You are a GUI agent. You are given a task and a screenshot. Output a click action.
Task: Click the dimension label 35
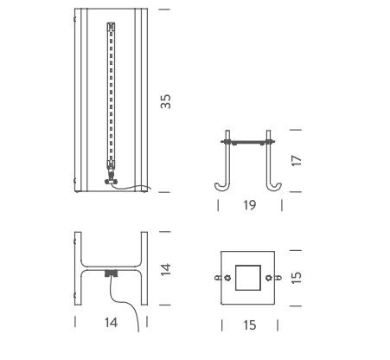coord(165,101)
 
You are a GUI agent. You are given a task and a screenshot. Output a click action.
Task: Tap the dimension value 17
coord(297,161)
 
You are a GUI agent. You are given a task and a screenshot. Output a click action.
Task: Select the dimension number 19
coord(250,205)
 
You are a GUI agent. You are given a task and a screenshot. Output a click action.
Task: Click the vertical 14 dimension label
coord(165,270)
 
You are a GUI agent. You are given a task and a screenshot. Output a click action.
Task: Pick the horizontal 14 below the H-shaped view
coord(112,323)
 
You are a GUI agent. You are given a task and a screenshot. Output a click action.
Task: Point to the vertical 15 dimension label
coord(297,278)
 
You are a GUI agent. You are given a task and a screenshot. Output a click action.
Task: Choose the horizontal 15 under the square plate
coord(250,325)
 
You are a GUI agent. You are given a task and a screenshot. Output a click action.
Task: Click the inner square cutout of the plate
coord(248,278)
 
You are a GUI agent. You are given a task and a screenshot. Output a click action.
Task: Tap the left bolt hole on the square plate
coord(227,278)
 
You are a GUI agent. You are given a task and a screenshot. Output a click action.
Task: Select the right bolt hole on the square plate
coord(268,278)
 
